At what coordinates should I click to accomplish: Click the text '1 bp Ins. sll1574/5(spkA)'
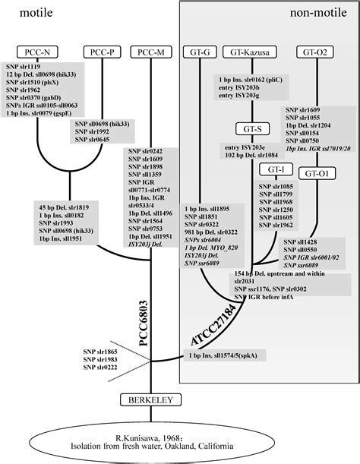[x=222, y=355]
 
